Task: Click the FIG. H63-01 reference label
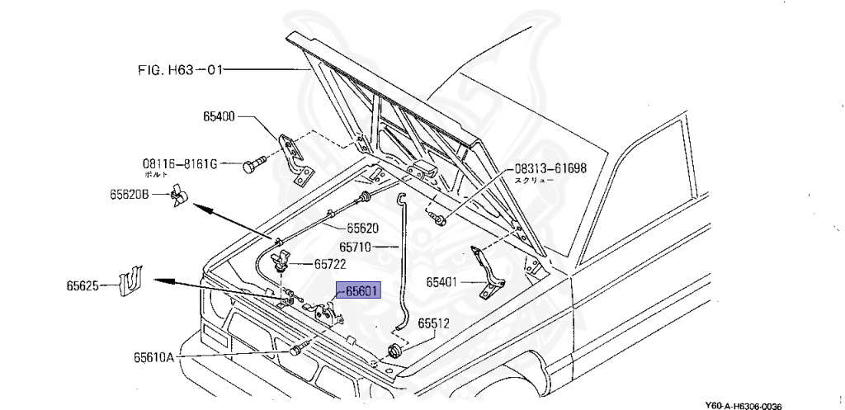point(177,70)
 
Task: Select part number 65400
point(220,117)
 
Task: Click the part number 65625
point(83,286)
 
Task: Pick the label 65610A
point(153,357)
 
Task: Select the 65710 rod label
point(355,246)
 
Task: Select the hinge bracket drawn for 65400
point(292,157)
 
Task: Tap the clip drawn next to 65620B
point(179,197)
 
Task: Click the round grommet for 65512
point(393,353)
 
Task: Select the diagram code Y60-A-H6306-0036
point(743,405)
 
